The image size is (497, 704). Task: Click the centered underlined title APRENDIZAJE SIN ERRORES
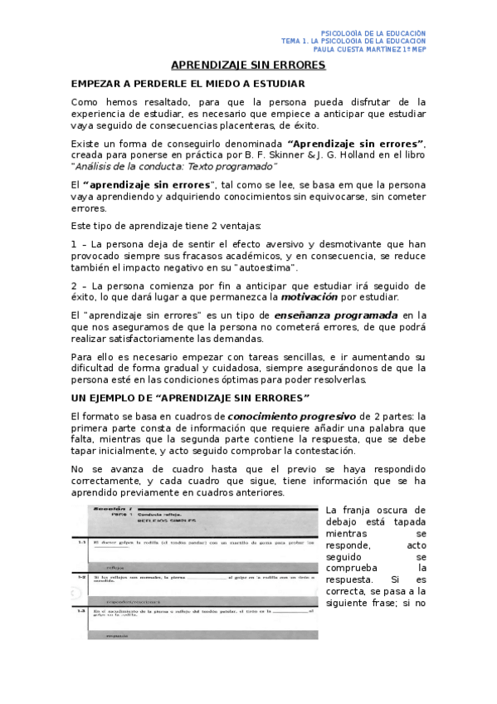pos(248,65)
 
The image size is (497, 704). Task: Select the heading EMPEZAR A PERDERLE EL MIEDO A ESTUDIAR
pos(188,84)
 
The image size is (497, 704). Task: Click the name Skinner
pos(270,154)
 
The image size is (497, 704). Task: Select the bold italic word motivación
pos(308,296)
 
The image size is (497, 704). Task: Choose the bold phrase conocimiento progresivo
pos(288,415)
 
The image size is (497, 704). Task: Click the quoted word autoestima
pos(266,268)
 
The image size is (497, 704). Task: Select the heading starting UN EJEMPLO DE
pos(190,398)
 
